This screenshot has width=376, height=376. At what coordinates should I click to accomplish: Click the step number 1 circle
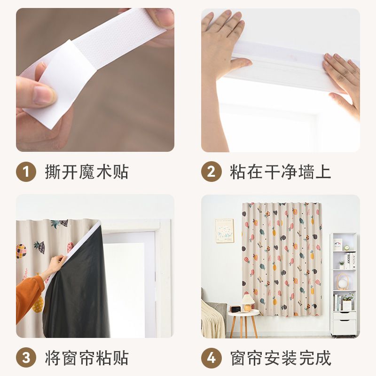click(26, 172)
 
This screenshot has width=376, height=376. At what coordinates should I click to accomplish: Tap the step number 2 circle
click(211, 172)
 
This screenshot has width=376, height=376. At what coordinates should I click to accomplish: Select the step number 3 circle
click(26, 358)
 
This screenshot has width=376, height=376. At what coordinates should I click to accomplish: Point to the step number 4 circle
click(211, 358)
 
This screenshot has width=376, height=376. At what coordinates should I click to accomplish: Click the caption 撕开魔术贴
click(86, 172)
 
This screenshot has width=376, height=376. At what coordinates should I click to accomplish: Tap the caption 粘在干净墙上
click(280, 172)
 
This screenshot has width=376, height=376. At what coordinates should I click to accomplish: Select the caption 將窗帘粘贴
click(86, 358)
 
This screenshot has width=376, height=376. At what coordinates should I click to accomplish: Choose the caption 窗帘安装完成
click(280, 358)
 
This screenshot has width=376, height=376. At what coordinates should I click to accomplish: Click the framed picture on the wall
click(224, 231)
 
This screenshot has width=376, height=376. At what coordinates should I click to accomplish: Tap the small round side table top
click(243, 313)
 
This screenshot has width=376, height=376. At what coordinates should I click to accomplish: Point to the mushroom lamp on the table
click(248, 302)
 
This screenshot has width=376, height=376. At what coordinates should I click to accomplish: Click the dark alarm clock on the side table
click(235, 309)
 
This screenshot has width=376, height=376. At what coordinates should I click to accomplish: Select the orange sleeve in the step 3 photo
click(28, 297)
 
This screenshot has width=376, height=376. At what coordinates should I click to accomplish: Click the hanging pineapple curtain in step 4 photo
click(282, 259)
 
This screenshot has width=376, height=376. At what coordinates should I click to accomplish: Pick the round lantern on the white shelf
click(342, 281)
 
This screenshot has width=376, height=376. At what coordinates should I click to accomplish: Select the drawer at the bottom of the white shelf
click(345, 327)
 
